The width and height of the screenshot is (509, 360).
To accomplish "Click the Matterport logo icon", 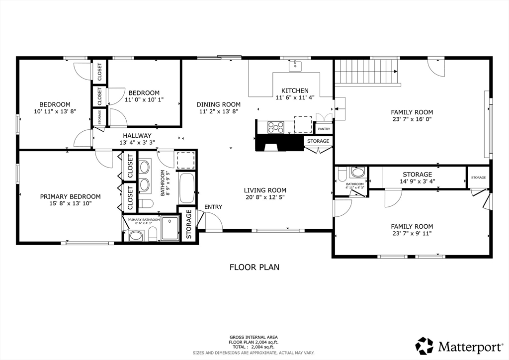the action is coord(424,346).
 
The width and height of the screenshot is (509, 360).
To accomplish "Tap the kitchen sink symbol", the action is coord(295,66).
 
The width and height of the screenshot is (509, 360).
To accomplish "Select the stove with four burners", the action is coord(275,127).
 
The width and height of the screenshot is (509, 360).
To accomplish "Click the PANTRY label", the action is coord(324,129).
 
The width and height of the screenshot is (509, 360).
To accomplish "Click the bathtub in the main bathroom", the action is coord(186,188).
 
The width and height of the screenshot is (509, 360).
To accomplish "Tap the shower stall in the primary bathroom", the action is coord(170,228).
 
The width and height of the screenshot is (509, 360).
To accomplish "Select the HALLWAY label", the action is coord(137,136).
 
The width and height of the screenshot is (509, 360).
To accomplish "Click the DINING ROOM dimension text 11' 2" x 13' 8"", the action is coord(219,111).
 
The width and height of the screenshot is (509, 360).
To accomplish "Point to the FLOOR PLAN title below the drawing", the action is coord(254,267).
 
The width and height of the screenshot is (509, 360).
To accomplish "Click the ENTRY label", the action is coord(213,207).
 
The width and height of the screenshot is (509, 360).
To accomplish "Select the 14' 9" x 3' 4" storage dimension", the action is coord(417,181).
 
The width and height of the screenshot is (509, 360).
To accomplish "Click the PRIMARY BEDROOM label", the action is coord(70,196).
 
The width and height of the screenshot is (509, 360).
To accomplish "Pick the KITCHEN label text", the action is coord(295,90).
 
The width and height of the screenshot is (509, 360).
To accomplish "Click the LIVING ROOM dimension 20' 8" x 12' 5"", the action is coord(265,197).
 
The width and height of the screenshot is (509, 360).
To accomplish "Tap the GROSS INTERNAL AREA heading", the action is coord(254,337).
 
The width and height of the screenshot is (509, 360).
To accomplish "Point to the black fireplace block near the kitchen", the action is coord(280,143).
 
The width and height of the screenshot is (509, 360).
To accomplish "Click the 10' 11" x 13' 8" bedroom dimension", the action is coord(55,111).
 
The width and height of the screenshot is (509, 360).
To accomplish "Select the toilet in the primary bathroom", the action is coord(153,233).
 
